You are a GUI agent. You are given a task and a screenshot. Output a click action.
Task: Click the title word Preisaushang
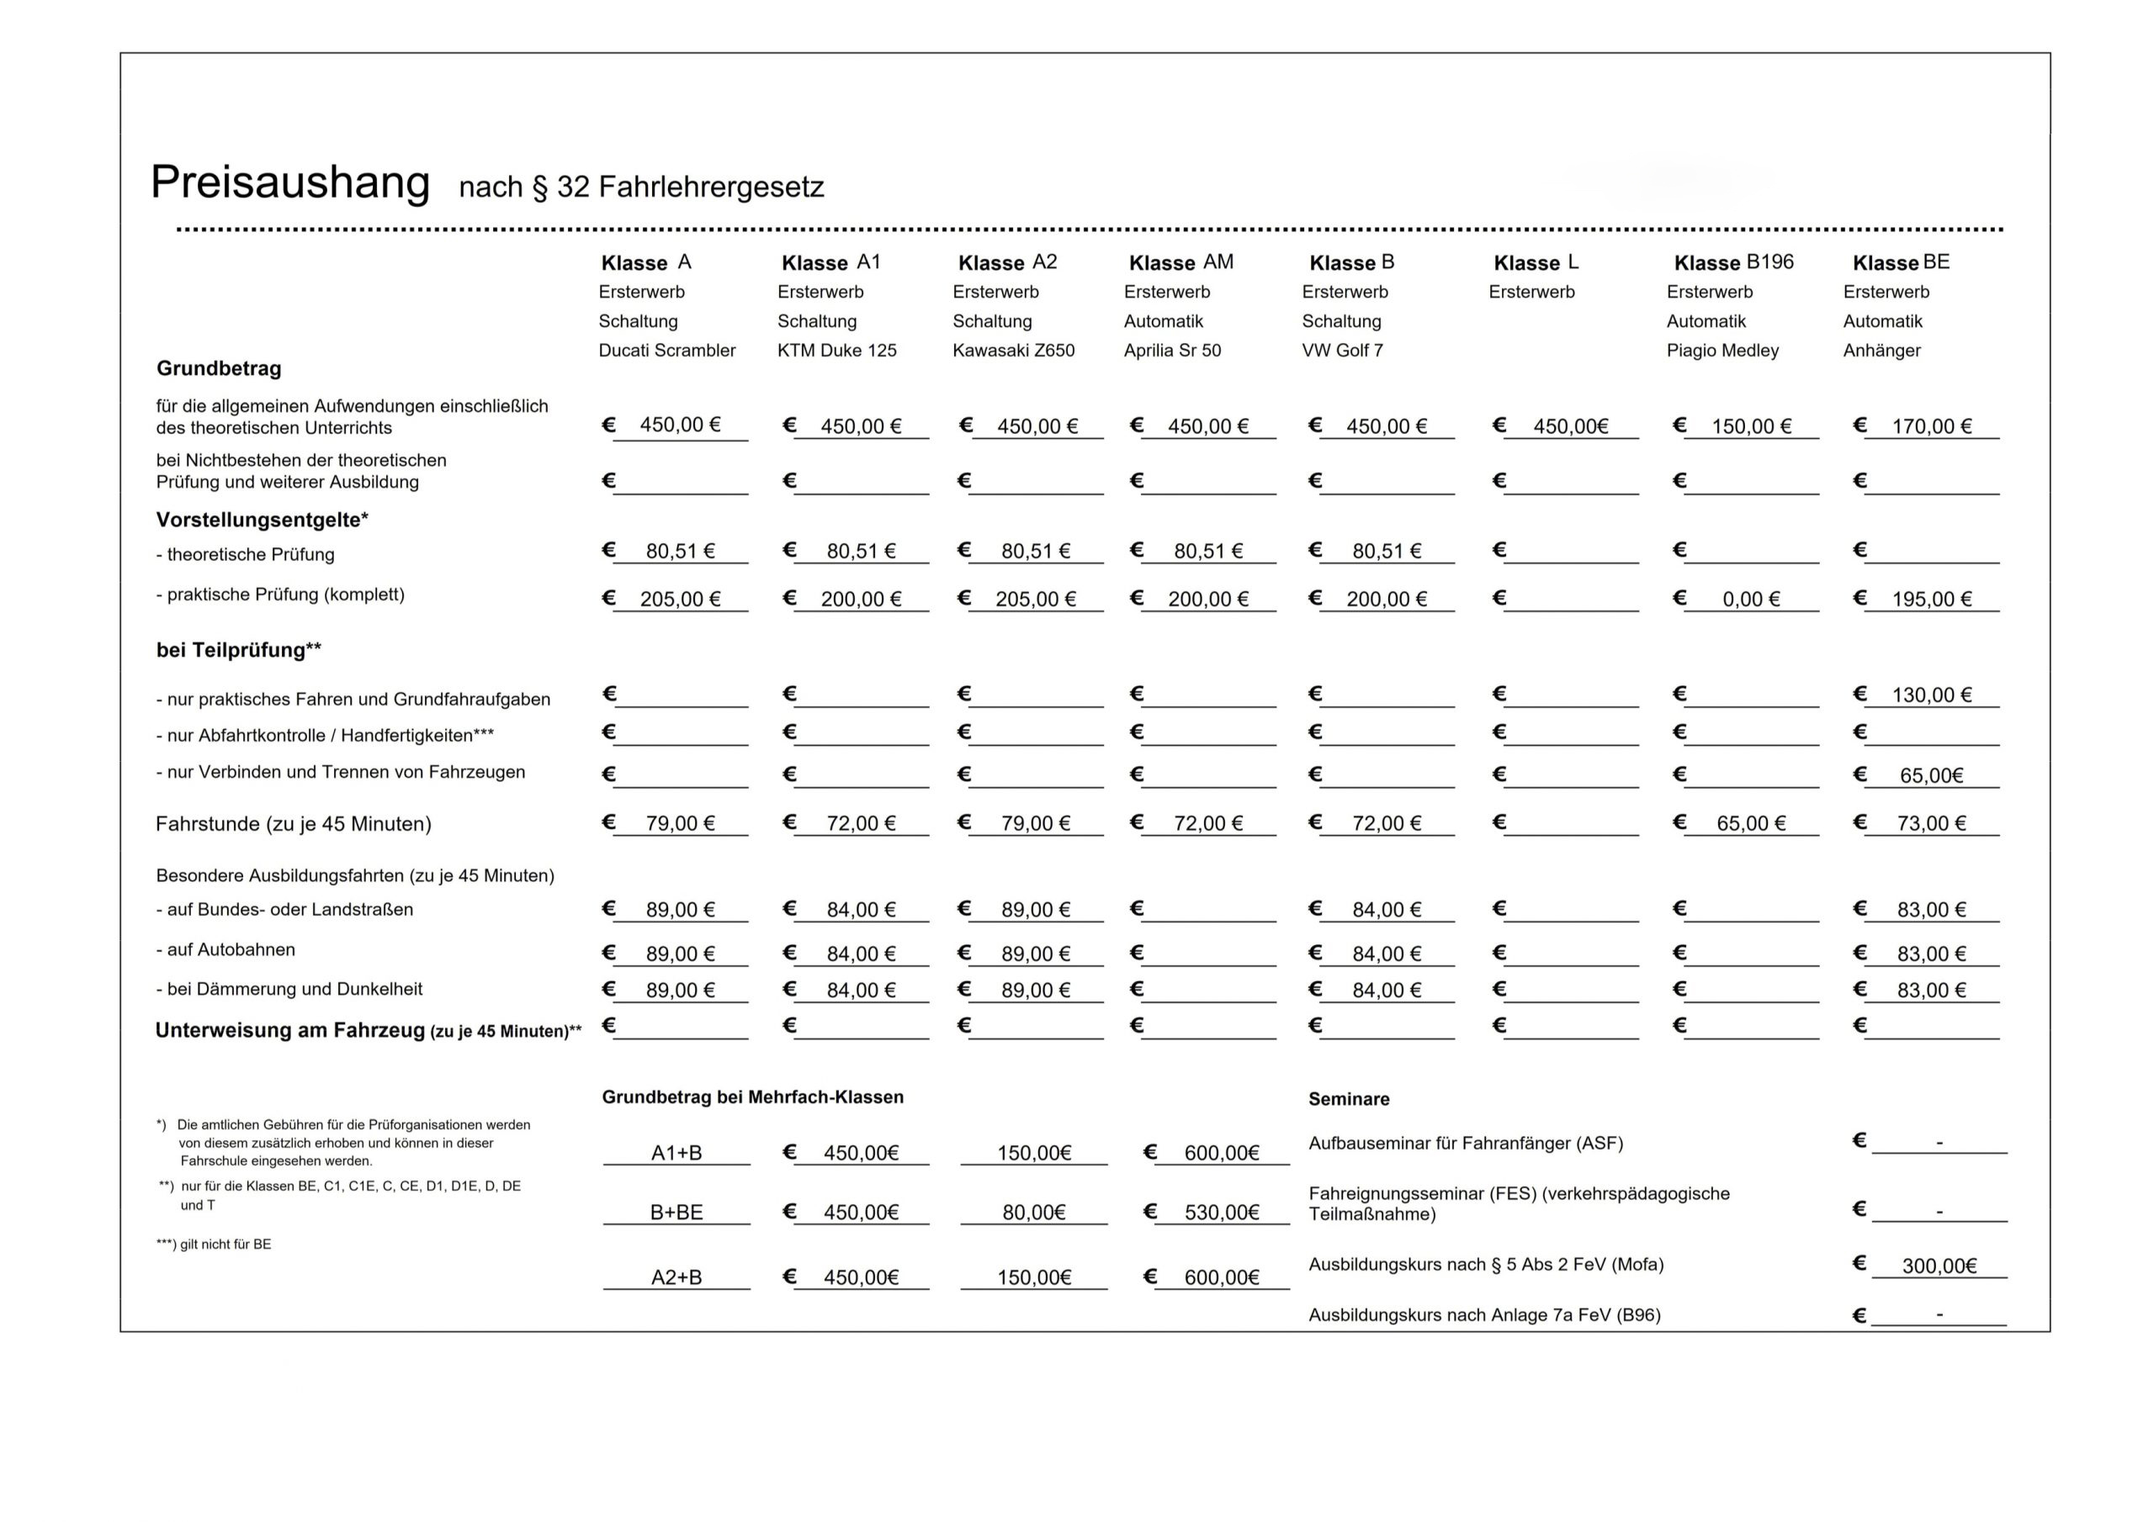pos(290,182)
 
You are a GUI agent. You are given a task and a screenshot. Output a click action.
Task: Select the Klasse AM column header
pos(1180,262)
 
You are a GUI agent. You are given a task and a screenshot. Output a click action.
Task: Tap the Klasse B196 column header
pos(1732,262)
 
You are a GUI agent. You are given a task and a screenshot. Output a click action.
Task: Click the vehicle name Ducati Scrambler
pos(666,351)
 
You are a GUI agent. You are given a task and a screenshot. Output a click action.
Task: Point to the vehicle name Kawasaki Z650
pos(1013,351)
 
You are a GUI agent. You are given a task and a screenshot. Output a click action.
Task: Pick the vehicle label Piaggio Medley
pos(1722,351)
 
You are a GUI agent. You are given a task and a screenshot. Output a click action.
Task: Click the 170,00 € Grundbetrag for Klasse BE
pos(1931,426)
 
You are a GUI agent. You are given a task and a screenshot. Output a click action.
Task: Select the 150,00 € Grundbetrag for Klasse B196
pos(1751,426)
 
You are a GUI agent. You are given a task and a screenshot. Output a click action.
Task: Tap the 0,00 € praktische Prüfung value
pos(1751,600)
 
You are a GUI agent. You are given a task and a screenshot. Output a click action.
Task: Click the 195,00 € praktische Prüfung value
pos(1931,600)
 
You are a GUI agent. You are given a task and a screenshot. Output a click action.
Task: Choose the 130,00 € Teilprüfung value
pos(1931,695)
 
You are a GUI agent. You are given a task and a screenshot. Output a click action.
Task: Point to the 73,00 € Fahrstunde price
pos(1931,823)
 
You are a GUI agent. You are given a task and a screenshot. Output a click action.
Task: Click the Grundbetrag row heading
pos(219,368)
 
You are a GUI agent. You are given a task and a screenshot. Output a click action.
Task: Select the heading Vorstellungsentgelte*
pos(262,520)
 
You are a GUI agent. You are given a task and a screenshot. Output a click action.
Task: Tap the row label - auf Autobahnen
pos(225,950)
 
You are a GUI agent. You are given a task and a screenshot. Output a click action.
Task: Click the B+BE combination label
pos(676,1213)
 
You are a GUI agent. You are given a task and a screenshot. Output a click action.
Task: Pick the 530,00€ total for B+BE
pos(1222,1213)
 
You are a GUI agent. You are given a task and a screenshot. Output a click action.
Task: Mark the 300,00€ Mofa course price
pos(1939,1266)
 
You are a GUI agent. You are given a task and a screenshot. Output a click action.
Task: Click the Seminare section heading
pos(1348,1099)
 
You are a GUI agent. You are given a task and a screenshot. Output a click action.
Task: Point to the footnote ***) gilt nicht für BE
pos(214,1245)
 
